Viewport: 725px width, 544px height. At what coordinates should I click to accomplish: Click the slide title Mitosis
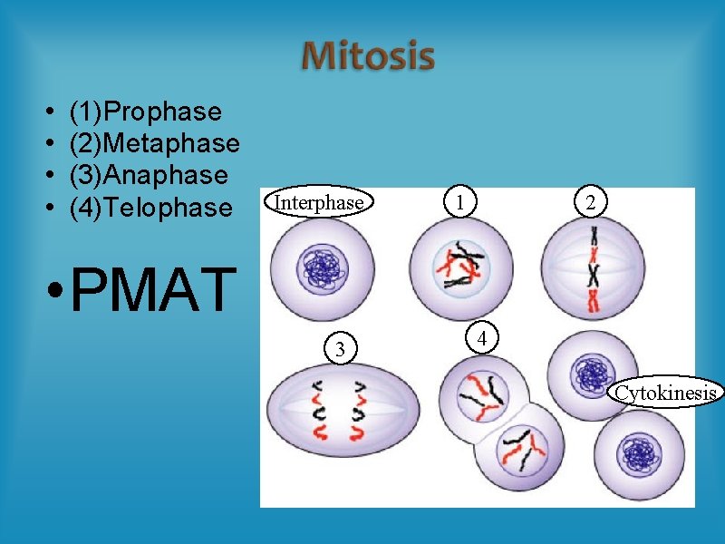coord(368,56)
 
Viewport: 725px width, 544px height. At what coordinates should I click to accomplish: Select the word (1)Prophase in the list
coord(145,112)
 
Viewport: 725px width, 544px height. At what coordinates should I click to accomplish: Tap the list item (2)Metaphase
coord(154,143)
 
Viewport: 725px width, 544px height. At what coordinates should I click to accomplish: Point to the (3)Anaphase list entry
coord(148,174)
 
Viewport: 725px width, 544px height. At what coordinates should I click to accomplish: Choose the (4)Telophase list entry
coord(150,208)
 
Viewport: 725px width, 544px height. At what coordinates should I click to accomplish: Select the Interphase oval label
coord(319,202)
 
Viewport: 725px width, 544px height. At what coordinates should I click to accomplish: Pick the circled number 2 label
coord(590,203)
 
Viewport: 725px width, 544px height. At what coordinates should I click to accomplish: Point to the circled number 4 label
coord(483,339)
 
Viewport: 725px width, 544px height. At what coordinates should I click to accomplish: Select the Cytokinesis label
coord(666,393)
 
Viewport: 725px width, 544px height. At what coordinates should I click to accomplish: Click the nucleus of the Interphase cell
coord(319,268)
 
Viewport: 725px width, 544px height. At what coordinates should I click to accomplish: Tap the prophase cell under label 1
coord(459,268)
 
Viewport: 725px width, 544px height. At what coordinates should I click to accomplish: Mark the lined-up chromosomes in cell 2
coord(594,270)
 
